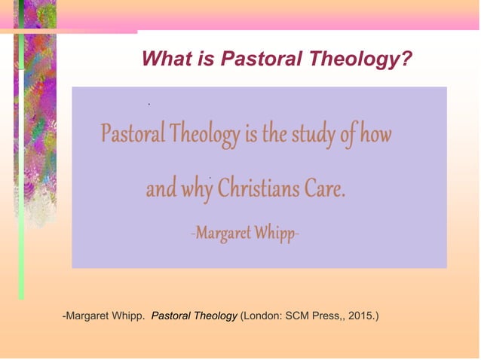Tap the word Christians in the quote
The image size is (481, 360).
(258, 188)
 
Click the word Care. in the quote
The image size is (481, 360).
(325, 188)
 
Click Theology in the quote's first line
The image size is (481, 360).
(203, 136)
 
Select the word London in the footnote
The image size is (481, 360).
(262, 316)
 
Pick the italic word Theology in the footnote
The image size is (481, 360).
(216, 316)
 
